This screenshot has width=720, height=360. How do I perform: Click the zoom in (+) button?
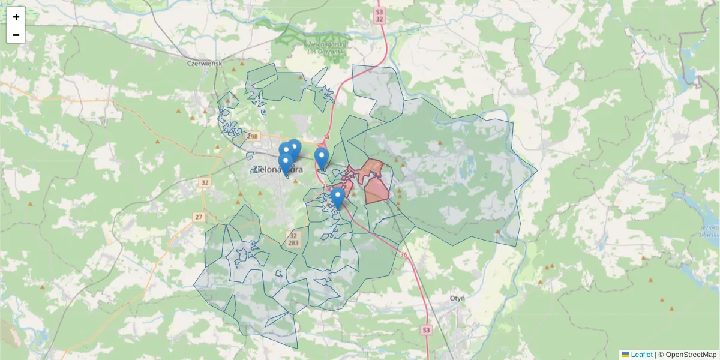[16, 17]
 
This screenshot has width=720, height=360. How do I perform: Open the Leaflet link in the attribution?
[641, 355]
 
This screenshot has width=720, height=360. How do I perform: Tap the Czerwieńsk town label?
[205, 63]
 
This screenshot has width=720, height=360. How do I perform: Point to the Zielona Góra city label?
[275, 170]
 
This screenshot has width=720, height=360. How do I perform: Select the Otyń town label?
[458, 298]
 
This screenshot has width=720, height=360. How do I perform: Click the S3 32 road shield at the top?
[379, 15]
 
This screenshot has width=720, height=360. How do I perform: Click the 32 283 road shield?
[293, 239]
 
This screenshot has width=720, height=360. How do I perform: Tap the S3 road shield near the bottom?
[425, 330]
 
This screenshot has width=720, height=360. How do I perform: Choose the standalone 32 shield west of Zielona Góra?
[205, 182]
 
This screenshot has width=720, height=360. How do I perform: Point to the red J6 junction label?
[403, 255]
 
